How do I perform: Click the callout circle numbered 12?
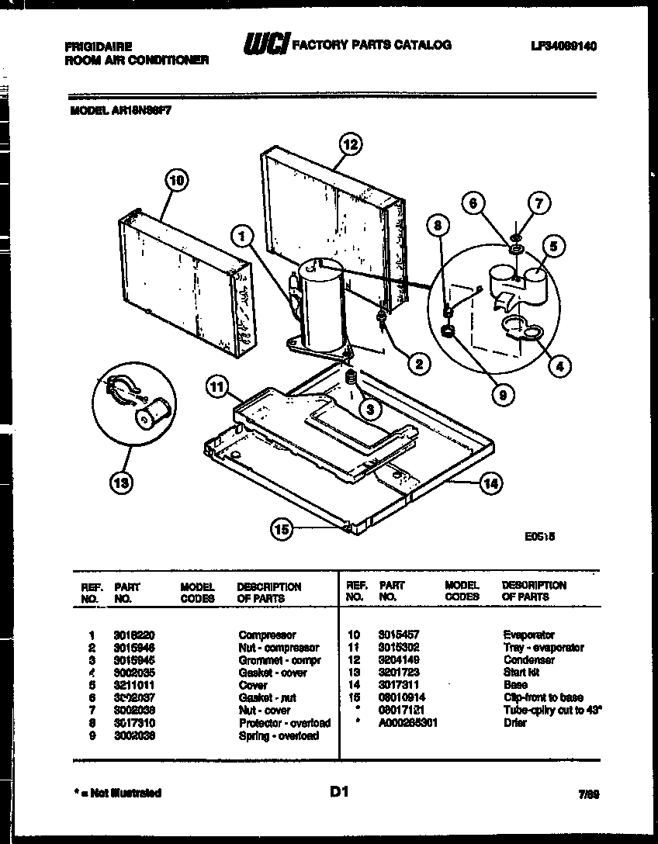(352, 144)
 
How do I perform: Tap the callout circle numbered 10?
(177, 181)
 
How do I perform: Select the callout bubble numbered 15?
(282, 530)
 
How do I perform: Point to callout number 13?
(120, 483)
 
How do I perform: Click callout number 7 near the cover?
(539, 205)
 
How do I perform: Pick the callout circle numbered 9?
(503, 395)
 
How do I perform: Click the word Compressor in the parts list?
(267, 635)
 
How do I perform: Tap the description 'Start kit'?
(521, 673)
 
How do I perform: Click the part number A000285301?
(408, 722)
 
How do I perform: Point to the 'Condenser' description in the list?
(528, 660)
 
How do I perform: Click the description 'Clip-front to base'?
(542, 697)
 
